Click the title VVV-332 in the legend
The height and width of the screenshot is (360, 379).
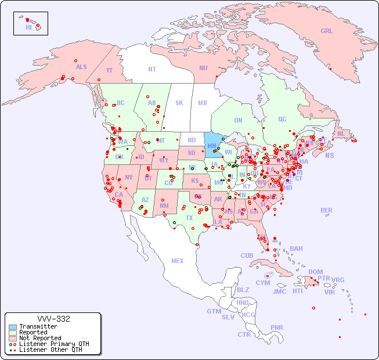tap(53, 319)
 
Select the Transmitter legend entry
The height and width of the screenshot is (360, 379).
tap(38, 326)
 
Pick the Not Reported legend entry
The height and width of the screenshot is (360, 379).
tap(39, 338)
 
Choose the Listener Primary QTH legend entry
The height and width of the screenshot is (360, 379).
tap(53, 344)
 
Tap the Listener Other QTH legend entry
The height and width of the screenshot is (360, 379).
tap(50, 350)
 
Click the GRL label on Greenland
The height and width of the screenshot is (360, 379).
tap(327, 31)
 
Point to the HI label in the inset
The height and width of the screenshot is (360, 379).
tap(28, 27)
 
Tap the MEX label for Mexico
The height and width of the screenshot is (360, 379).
tap(178, 261)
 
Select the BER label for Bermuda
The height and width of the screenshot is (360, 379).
tap(326, 210)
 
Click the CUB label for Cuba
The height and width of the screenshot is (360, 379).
tap(247, 255)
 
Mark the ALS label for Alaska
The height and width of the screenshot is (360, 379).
tap(81, 67)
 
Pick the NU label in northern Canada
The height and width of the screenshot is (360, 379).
tap(203, 68)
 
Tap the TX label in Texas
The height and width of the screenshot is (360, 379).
tap(189, 218)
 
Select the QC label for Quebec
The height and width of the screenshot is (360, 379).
tap(282, 119)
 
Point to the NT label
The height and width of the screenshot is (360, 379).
tap(152, 69)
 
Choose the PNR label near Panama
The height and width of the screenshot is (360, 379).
tap(277, 327)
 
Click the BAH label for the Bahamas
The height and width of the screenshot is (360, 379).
tap(296, 249)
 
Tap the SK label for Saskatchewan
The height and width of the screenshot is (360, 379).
tap(179, 103)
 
